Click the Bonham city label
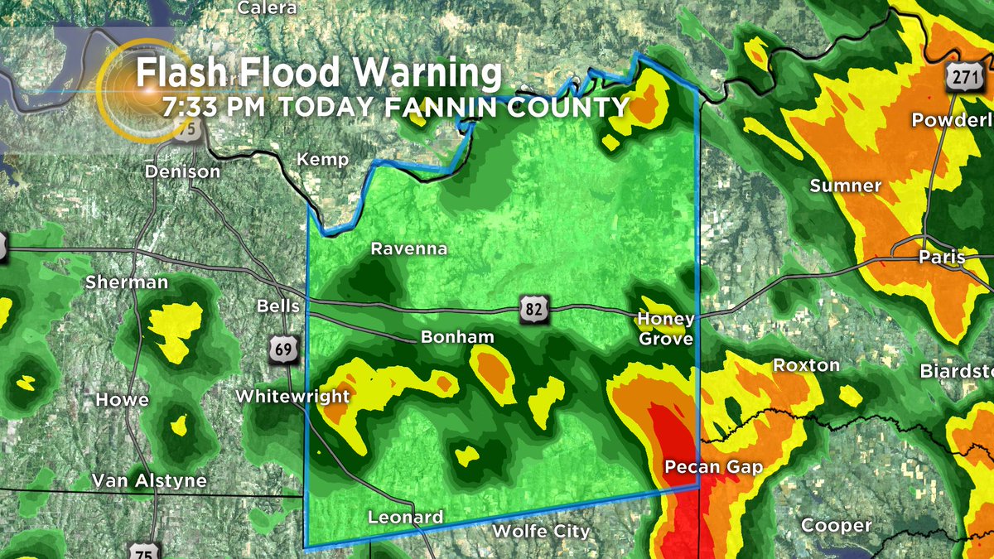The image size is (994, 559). tap(457, 338)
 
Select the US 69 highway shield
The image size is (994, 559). tap(282, 349)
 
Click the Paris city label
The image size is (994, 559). tap(942, 258)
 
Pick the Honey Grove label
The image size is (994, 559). tap(665, 329)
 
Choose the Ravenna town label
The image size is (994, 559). tap(408, 248)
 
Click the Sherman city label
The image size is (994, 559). tap(127, 282)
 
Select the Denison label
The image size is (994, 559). tap(182, 171)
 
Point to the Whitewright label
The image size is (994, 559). tap(293, 397)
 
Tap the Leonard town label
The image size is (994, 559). tap(405, 518)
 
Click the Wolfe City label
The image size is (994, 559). tap(541, 531)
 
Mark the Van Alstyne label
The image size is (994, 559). tap(149, 480)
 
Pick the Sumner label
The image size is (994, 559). tap(845, 186)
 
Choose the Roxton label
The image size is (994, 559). tap(806, 365)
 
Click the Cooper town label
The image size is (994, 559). tap(836, 526)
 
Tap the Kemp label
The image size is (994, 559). tap(323, 160)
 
